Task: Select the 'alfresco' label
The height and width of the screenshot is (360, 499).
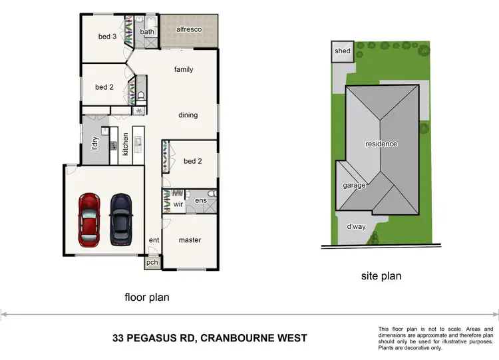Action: pyautogui.click(x=189, y=30)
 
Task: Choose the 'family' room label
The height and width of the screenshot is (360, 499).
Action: pyautogui.click(x=184, y=69)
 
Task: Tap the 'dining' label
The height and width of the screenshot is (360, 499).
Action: pyautogui.click(x=188, y=115)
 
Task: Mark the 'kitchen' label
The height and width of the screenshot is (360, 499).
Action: pyautogui.click(x=125, y=144)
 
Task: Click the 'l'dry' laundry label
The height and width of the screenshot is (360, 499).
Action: pyautogui.click(x=95, y=143)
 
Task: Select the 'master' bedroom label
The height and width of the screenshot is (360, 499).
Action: pyautogui.click(x=190, y=240)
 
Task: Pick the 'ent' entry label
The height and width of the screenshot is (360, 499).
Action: pyautogui.click(x=154, y=240)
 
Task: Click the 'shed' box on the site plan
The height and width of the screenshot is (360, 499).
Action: pyautogui.click(x=342, y=51)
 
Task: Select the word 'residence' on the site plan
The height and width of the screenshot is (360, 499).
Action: pyautogui.click(x=381, y=144)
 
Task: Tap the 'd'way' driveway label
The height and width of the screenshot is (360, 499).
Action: pyautogui.click(x=355, y=227)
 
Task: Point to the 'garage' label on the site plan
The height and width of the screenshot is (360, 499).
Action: pyautogui.click(x=354, y=186)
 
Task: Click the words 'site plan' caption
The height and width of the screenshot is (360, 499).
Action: pyautogui.click(x=381, y=275)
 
